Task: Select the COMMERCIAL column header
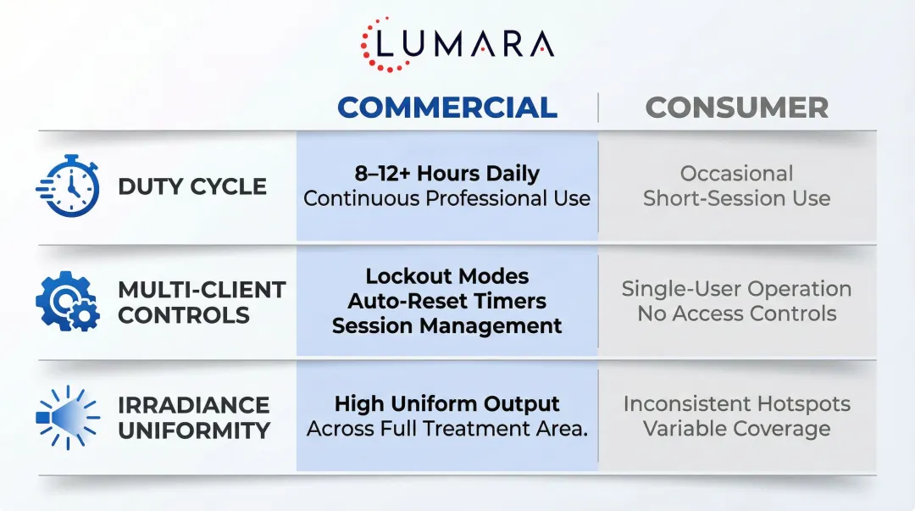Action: [x=447, y=108]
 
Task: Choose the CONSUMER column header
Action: [x=736, y=108]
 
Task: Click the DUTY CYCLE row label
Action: [x=192, y=186]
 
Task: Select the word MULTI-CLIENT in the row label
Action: [x=202, y=290]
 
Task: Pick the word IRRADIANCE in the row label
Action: [x=193, y=405]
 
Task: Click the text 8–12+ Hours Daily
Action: [x=446, y=174]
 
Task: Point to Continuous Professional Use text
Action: [x=446, y=199]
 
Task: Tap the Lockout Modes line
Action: [x=446, y=276]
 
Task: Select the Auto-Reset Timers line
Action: [x=446, y=301]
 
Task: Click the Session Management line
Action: [x=446, y=325]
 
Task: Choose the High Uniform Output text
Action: [x=446, y=404]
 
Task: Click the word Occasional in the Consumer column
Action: [x=736, y=174]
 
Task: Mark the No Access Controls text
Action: [x=736, y=314]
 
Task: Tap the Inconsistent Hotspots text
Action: [x=736, y=404]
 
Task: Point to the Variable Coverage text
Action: [x=736, y=429]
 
